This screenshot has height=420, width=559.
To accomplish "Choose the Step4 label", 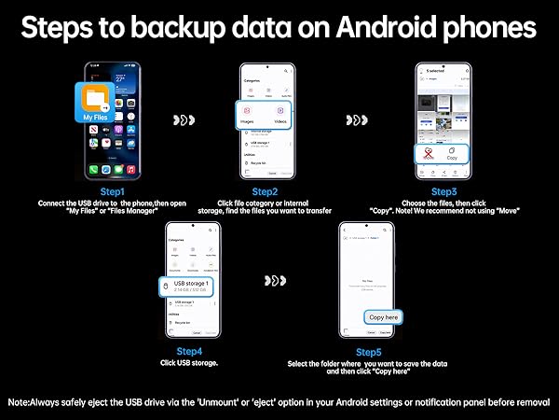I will coord(191,351).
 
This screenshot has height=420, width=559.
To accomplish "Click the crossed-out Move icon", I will coord(428,154).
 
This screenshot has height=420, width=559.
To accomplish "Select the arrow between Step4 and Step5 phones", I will coord(276,279).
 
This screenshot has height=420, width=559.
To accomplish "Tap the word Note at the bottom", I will coord(21,401).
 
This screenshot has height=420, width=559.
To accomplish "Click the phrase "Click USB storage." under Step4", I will coord(191,362).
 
